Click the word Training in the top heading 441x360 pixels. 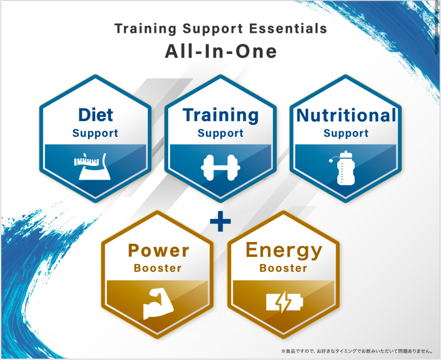click(145, 29)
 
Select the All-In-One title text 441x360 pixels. click(221, 51)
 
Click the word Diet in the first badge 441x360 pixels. click(96, 115)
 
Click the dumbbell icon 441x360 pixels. click(220, 168)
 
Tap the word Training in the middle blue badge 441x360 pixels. click(220, 116)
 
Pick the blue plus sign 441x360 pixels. click(220, 221)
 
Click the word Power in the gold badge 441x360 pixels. click(158, 250)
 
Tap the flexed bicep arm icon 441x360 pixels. click(158, 303)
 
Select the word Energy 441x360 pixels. click(284, 251)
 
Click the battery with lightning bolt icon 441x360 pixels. click(284, 302)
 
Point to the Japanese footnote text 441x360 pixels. click(357, 351)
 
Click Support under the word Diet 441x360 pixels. click(95, 133)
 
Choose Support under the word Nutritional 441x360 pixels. click(346, 133)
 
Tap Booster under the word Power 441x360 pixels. click(157, 268)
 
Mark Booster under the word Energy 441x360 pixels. click(283, 268)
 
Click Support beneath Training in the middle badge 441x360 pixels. click(220, 133)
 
